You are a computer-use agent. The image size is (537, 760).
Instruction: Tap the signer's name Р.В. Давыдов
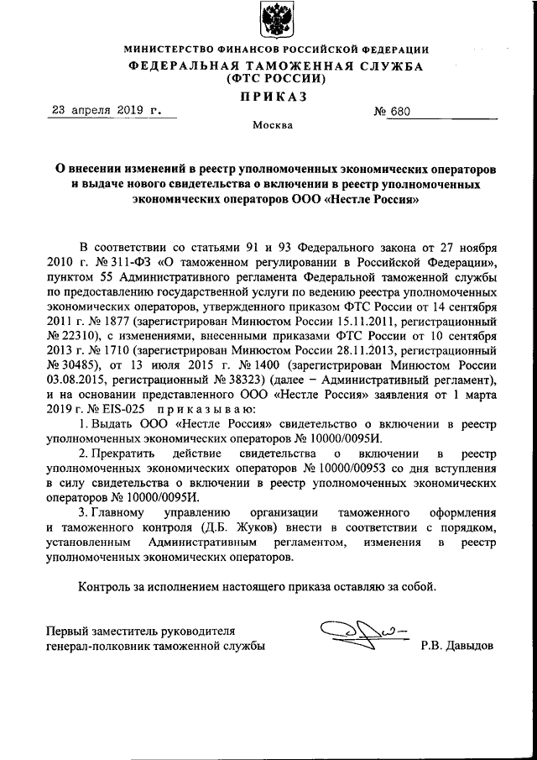click(458, 646)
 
